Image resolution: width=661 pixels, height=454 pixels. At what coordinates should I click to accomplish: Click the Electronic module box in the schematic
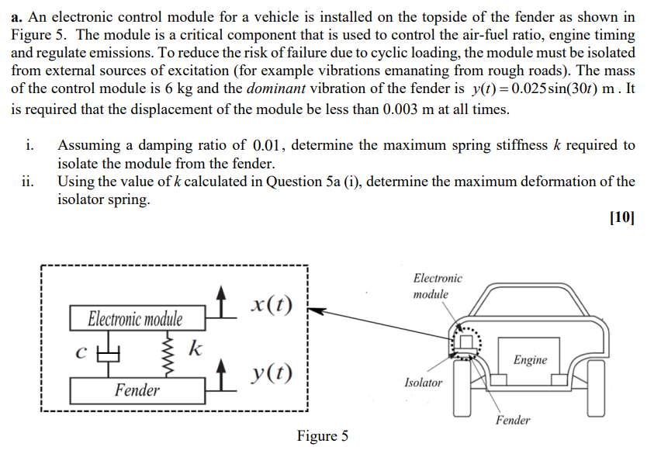136,319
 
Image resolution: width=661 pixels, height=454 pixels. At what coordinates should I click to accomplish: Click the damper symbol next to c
111,353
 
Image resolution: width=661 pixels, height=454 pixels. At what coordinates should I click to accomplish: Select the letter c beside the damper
80,352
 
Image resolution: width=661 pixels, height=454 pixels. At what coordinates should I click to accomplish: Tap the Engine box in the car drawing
530,360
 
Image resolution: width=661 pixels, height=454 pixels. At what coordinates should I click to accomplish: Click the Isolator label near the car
424,383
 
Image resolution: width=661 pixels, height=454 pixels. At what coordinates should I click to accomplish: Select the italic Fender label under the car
513,421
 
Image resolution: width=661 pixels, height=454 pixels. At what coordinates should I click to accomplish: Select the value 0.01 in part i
269,146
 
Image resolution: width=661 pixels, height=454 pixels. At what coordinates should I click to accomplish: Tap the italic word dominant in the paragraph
276,88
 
